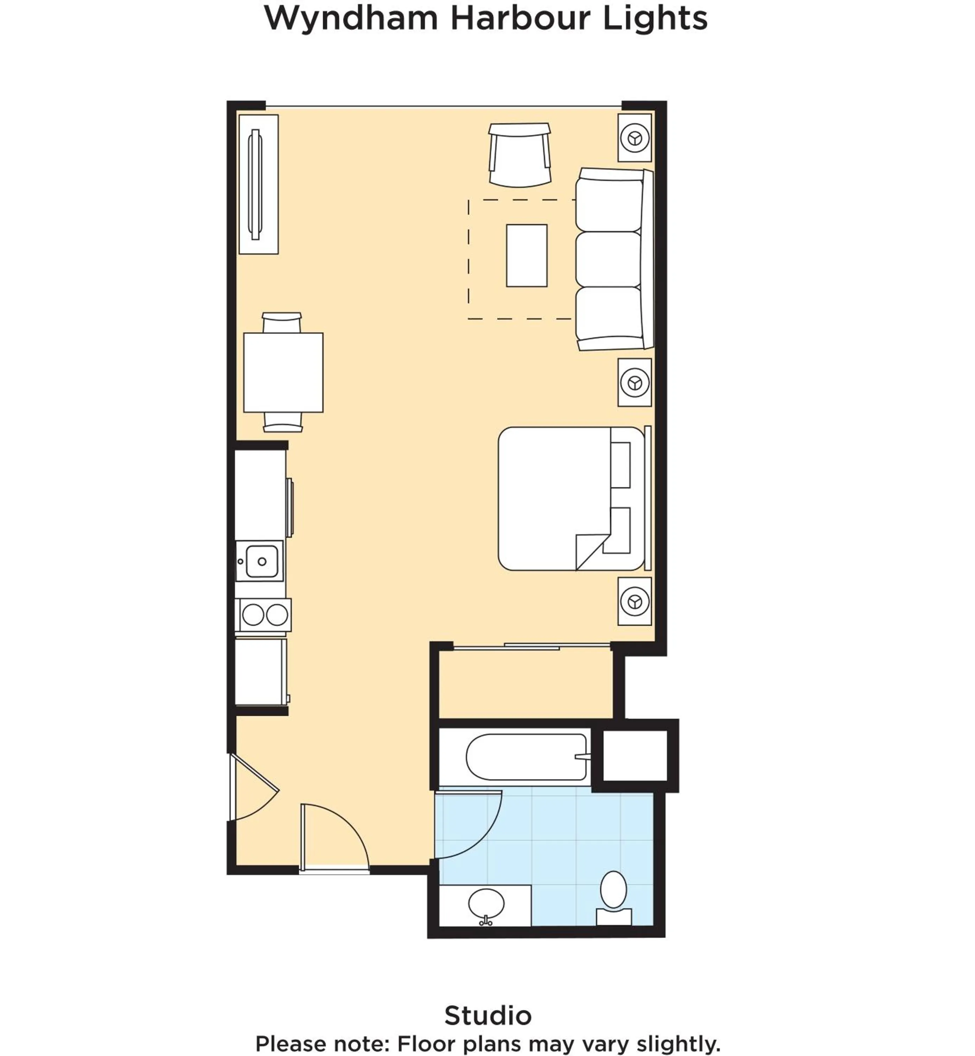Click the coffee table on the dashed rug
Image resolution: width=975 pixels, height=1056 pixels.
527,256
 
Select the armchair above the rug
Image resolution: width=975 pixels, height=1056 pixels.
520,155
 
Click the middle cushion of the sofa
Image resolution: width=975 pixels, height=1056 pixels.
608,259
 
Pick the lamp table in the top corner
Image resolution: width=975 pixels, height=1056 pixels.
635,138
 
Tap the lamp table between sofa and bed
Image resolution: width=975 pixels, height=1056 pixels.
635,382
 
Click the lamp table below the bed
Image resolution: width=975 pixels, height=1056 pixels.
635,601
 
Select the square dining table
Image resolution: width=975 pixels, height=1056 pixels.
283,373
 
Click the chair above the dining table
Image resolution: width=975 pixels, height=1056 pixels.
282,322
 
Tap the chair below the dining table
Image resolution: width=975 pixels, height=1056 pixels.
283,421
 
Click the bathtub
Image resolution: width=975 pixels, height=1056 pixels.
527,757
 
